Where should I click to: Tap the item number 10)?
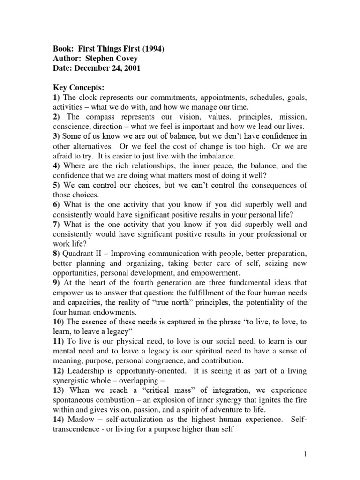(x=60, y=322)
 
